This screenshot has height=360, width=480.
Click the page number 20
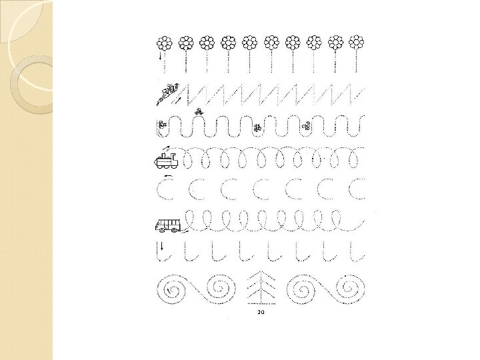pos(261,312)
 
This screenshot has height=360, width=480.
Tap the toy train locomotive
pos(166,161)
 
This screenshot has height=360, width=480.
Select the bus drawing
pos(168,225)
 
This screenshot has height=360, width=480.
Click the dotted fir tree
pos(261,288)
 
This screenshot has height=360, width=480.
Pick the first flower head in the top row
pos(165,43)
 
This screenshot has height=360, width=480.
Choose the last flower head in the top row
pos(356,43)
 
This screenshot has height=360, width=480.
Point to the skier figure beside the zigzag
pos(167,94)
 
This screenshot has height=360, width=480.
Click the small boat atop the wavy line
pos(199,112)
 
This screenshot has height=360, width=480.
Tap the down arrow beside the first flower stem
pos(160,57)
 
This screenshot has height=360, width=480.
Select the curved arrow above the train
pos(167,149)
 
